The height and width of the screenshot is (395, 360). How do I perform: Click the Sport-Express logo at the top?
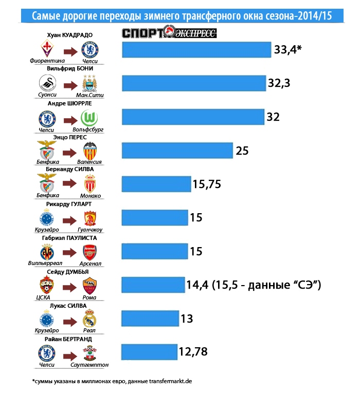(x=169, y=34)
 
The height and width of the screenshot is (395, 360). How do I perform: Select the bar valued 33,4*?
(x=196, y=49)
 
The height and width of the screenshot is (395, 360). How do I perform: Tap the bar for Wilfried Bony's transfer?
(x=193, y=83)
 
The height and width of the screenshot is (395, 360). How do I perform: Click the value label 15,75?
(x=207, y=184)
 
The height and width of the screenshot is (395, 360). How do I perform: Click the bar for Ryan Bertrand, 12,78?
(x=149, y=352)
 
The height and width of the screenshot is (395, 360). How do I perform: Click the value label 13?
(x=187, y=318)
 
